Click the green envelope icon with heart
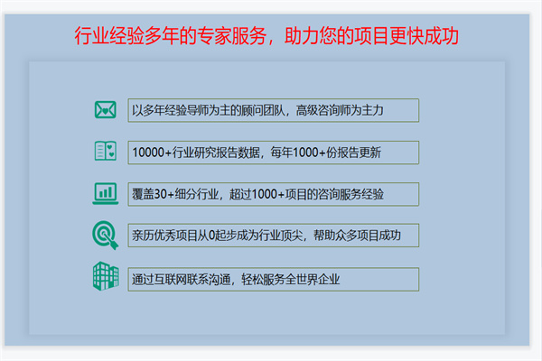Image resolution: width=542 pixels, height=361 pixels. coord(106,110)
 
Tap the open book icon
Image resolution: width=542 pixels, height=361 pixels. coord(106,151)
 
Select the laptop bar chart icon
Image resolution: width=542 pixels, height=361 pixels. coord(106,193)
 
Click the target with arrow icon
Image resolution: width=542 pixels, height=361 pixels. coord(106,235)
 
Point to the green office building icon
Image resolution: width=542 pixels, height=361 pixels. coord(106,276)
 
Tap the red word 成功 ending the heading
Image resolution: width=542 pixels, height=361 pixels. coord(442,36)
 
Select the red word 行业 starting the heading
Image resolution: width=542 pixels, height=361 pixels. coord(91,36)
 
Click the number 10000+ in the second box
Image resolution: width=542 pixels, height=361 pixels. coord(152,153)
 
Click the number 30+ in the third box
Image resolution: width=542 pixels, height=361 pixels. coord(164,194)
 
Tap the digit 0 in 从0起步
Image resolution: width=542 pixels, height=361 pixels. coord(212,236)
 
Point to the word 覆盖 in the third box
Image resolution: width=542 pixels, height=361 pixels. coord(143,194)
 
